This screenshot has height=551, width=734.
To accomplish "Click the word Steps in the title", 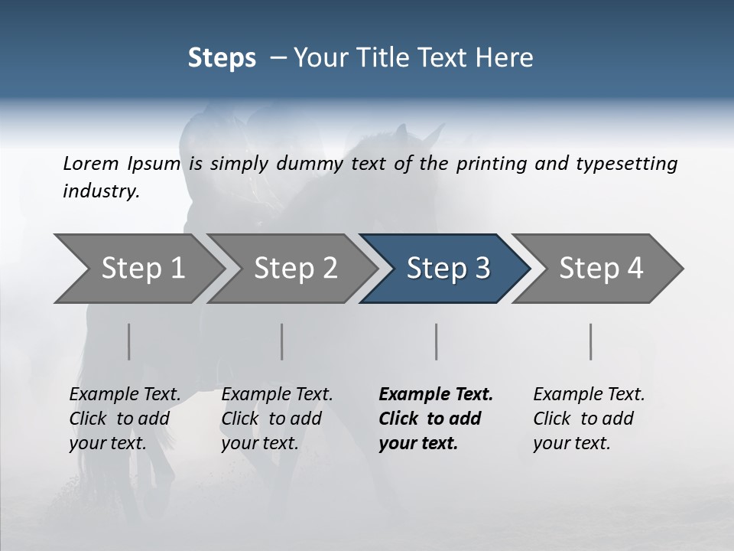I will [x=222, y=58].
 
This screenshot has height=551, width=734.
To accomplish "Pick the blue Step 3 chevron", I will [x=448, y=269].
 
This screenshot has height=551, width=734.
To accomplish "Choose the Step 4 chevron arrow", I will [x=601, y=269].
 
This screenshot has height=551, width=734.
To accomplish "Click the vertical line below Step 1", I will [x=128, y=341].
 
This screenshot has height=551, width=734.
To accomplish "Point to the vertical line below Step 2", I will [x=282, y=341].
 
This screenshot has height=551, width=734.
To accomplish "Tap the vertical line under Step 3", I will [x=436, y=341].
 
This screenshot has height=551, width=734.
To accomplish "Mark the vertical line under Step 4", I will [x=590, y=341].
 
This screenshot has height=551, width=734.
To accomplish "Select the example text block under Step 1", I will [x=125, y=419].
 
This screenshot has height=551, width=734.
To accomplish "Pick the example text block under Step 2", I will [x=277, y=419].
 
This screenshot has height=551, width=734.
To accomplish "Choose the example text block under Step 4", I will [x=589, y=419].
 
